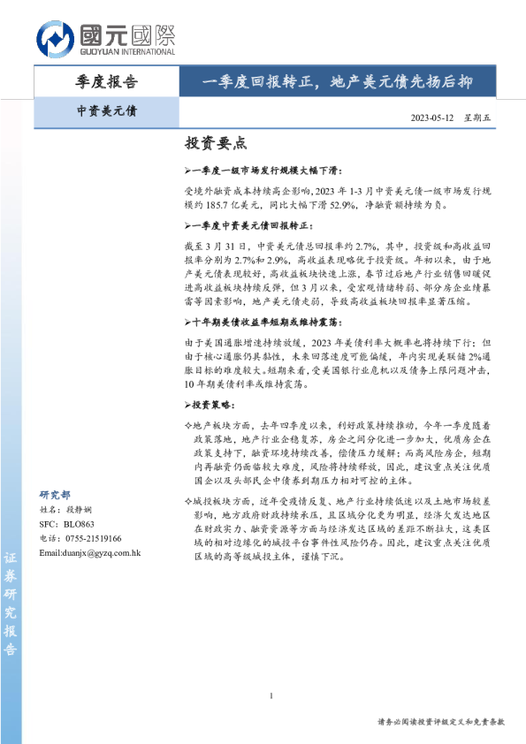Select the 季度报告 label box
[107, 82]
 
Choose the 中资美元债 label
[107, 112]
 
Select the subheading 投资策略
[210, 380]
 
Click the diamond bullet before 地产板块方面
[187, 400]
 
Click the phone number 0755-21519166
[93, 538]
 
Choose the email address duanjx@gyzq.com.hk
[90, 552]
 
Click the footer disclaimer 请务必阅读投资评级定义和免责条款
[440, 722]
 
